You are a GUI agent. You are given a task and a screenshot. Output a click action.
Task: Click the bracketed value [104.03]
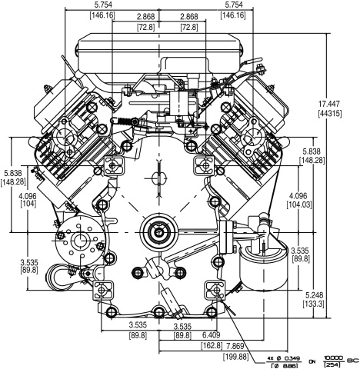pos(315,205)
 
